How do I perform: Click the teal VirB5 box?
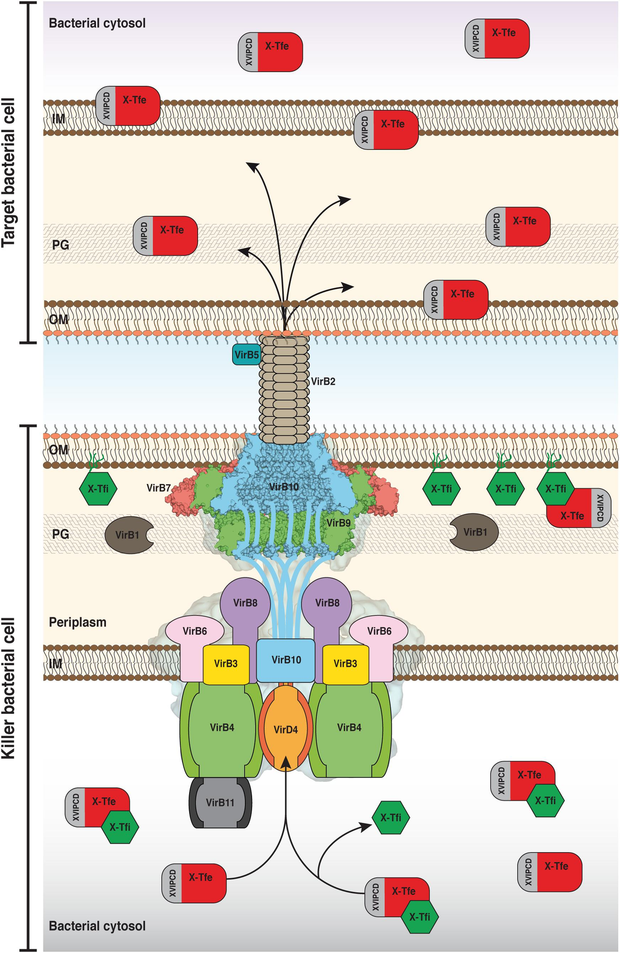[246, 354]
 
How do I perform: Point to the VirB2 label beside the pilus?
[323, 382]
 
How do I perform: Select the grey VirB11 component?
[220, 802]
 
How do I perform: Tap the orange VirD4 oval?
[286, 729]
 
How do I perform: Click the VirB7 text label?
[159, 488]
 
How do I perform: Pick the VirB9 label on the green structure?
[338, 522]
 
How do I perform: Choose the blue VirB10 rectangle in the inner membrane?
[286, 660]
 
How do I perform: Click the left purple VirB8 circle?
[245, 602]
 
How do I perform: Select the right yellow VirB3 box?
[345, 663]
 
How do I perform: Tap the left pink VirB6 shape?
[194, 631]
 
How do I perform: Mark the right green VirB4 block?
[349, 727]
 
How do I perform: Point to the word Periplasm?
[78, 622]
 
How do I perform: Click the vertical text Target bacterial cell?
[9, 173]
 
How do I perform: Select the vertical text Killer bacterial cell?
[9, 688]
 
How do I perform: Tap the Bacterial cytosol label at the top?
[97, 23]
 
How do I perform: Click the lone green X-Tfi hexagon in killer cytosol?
[391, 817]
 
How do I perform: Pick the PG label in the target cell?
[60, 245]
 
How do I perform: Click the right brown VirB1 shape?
[474, 532]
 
